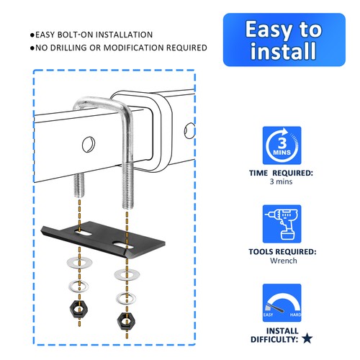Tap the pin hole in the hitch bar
pos(88,143)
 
